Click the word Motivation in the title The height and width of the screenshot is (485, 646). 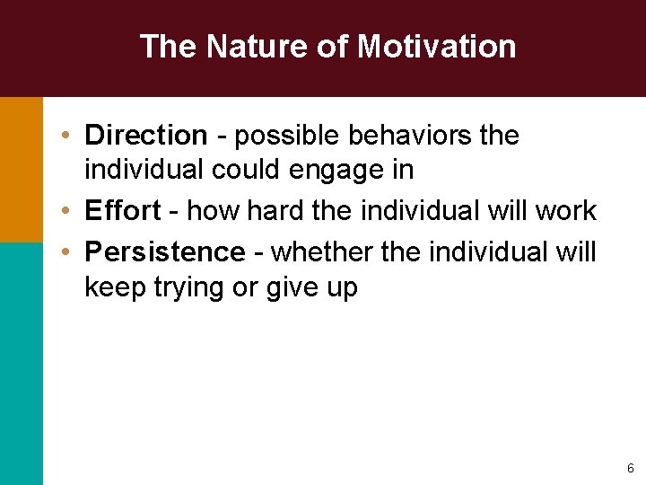436,46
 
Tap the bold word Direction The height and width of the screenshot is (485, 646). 145,136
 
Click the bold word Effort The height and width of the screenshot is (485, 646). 122,211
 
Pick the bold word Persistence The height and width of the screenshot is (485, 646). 164,251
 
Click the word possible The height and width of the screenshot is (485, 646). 287,136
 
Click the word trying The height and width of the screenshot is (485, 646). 191,288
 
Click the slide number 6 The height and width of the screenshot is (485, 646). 630,468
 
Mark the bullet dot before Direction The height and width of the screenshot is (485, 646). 67,137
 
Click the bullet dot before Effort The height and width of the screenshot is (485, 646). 67,212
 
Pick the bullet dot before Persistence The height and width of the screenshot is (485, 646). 67,252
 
